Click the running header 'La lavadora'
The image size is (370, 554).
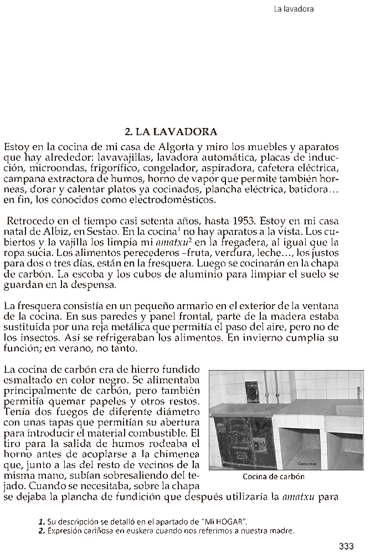[x=294, y=9]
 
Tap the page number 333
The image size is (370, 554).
[x=347, y=546]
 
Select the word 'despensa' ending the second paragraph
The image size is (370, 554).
[x=96, y=285]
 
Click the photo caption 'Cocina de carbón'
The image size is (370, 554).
[x=274, y=476]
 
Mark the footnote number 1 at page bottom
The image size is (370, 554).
[x=42, y=521]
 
